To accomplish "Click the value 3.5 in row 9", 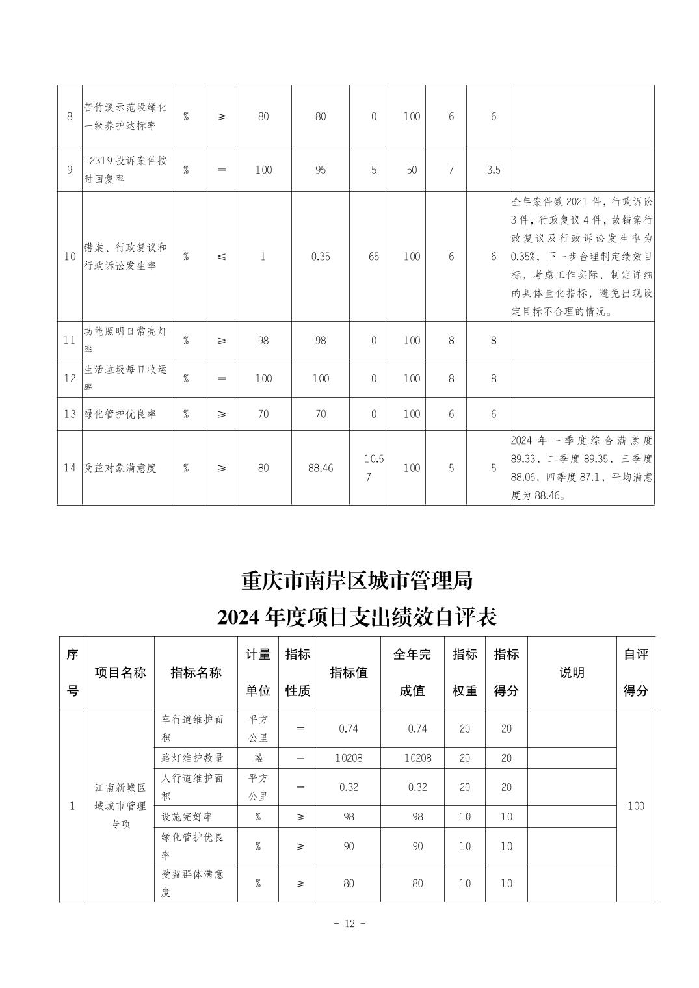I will [494, 170].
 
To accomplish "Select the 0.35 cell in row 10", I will [321, 256].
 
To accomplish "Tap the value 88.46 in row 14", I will [321, 467].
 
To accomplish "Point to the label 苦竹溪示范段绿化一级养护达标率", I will [126, 116].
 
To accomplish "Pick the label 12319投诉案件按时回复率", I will [126, 170].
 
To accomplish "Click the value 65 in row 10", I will [374, 256].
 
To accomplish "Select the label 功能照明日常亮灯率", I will [126, 340].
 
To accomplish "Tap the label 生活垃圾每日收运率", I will [126, 378].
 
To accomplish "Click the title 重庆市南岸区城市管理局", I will [357, 580].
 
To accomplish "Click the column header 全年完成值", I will [412, 673].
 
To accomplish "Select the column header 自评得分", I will [635, 673].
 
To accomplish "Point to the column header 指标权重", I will [465, 673].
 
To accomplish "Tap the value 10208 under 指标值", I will [349, 758].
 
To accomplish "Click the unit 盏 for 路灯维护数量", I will [258, 758].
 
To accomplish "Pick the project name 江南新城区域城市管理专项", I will [120, 806].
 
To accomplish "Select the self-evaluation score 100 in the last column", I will [635, 806].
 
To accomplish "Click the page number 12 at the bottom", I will [350, 924].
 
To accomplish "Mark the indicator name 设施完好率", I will [187, 816].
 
